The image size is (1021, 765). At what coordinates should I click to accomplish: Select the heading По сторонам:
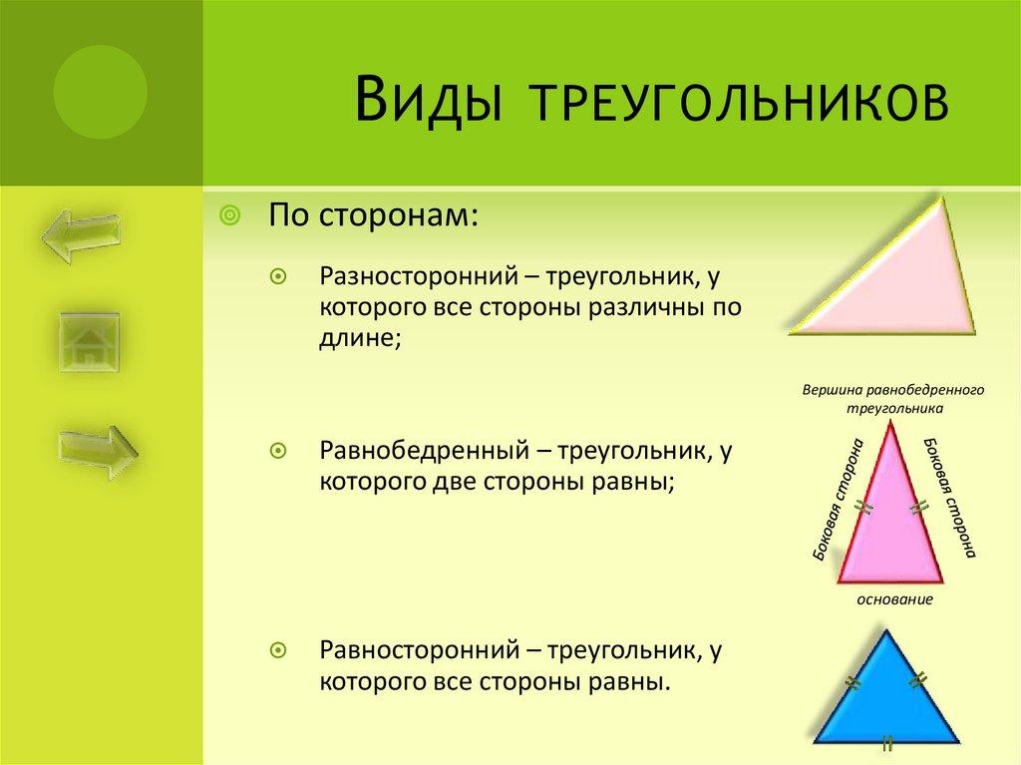point(371,214)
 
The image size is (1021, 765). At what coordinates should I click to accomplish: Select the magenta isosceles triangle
point(890,529)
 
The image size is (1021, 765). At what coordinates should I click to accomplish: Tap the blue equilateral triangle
point(886,698)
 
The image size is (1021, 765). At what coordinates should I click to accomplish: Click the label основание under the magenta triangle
point(894,600)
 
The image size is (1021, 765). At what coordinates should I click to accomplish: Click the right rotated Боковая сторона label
point(948,496)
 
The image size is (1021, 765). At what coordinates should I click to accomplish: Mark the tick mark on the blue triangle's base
point(886,743)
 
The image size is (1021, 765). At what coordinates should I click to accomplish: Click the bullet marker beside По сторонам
point(228,214)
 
